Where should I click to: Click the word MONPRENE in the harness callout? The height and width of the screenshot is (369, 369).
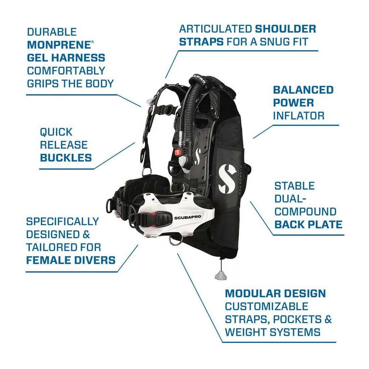pos(58,45)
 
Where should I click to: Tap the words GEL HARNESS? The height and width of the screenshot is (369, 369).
pos(66,58)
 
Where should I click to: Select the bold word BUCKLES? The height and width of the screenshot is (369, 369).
pos(66,158)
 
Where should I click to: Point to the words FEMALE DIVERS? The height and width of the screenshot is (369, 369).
pos(70,260)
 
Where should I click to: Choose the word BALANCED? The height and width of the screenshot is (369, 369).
pos(303,90)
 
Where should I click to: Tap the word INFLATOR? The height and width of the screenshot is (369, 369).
pos(299,116)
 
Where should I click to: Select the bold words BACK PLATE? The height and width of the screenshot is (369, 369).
pos(308,224)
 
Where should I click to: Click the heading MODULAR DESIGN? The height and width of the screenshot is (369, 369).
pos(275,294)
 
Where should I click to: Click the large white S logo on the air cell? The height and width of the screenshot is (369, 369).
pos(227,178)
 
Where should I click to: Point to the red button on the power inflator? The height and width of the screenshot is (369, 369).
pos(178,152)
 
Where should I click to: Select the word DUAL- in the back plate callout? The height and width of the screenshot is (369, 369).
pos(289,199)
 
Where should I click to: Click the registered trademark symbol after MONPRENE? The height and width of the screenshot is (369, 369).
pos(92,42)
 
